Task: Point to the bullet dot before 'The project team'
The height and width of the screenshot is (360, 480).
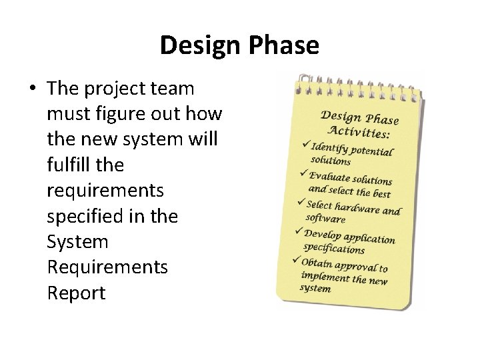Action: click(x=33, y=89)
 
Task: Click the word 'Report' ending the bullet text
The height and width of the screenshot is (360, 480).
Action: click(x=76, y=293)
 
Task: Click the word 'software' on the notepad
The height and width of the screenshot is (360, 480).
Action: click(x=326, y=219)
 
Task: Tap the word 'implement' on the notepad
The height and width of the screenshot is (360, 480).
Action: click(x=325, y=276)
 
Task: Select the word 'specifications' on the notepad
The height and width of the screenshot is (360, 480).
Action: click(x=334, y=248)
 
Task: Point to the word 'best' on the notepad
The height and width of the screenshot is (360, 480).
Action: click(x=381, y=194)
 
